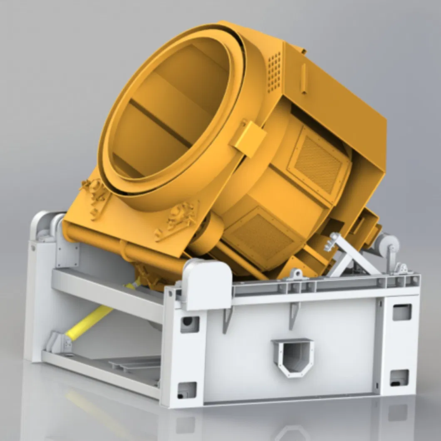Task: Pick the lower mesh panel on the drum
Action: tap(263, 235)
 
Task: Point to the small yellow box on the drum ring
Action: tap(249, 139)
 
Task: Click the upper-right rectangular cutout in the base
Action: tap(402, 312)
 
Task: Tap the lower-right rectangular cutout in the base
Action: tap(399, 377)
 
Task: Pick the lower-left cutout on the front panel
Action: tap(187, 390)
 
